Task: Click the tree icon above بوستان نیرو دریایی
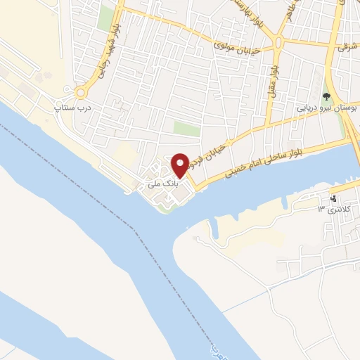click(x=326, y=97)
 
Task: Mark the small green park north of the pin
click(x=187, y=129)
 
